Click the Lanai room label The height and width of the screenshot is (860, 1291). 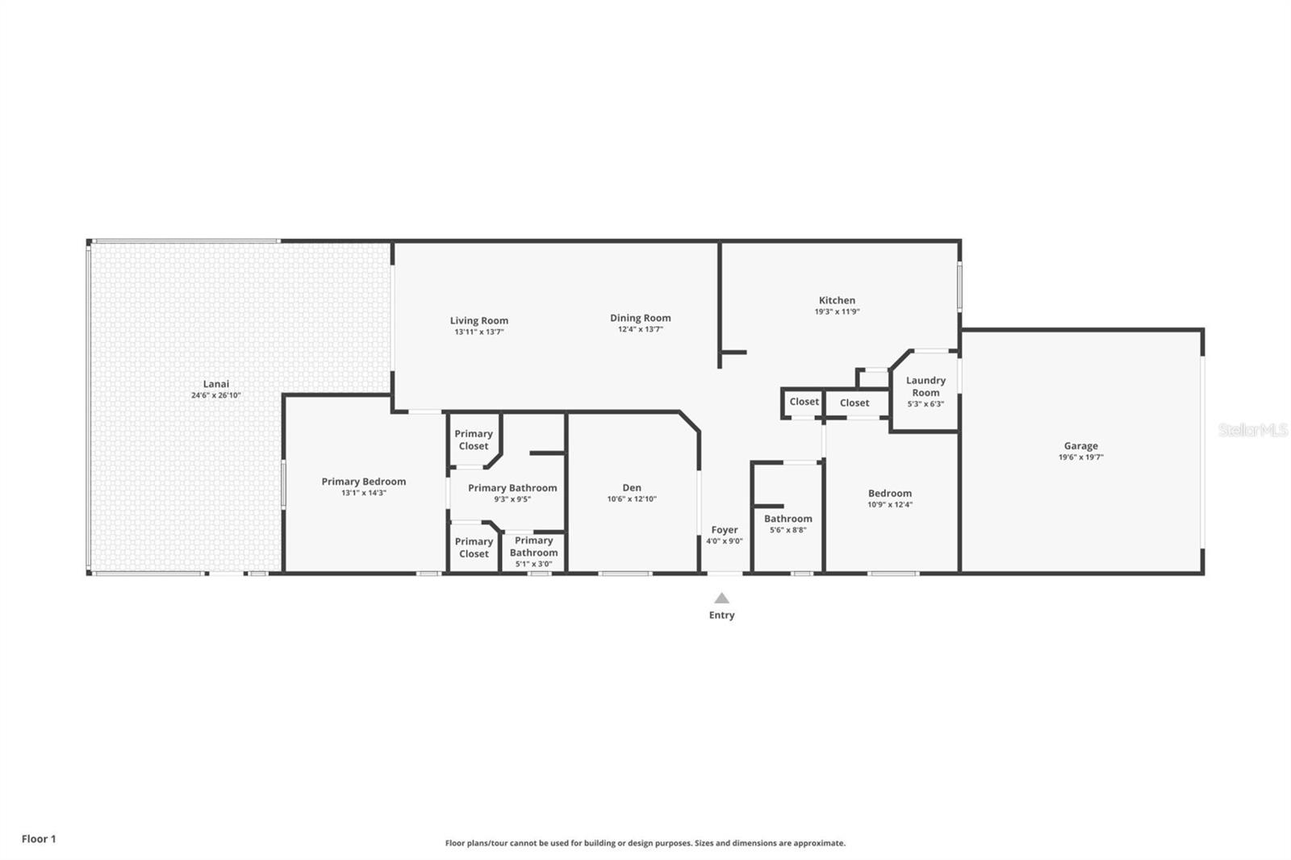215,384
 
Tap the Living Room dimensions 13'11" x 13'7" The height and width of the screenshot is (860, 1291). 479,332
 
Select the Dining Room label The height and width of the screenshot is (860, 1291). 640,318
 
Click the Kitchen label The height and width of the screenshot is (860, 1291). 837,300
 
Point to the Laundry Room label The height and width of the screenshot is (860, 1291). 925,386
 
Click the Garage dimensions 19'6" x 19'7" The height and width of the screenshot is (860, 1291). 1080,457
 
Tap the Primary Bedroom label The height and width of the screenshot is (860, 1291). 363,482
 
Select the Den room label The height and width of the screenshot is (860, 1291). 632,487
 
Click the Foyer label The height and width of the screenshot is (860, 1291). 724,530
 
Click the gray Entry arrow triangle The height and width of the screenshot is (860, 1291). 721,599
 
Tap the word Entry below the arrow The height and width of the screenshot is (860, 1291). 721,615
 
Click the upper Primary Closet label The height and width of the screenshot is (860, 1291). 473,440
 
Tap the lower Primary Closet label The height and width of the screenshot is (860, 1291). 473,548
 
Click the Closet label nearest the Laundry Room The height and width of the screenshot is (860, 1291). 854,403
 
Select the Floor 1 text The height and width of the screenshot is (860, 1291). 39,839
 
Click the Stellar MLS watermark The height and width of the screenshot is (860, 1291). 1252,430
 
